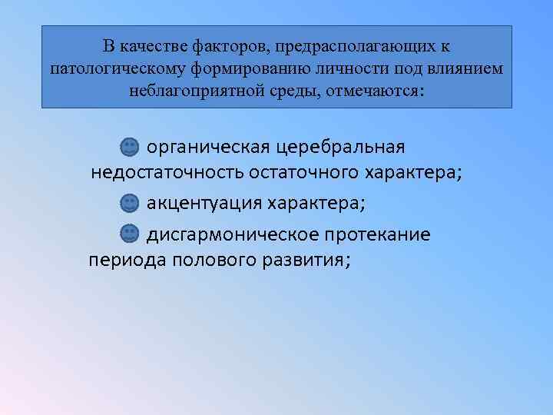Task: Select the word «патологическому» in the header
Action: click(109, 69)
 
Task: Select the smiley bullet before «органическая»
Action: click(130, 146)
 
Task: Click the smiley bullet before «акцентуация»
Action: click(130, 204)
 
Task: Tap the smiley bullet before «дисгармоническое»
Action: click(130, 234)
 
